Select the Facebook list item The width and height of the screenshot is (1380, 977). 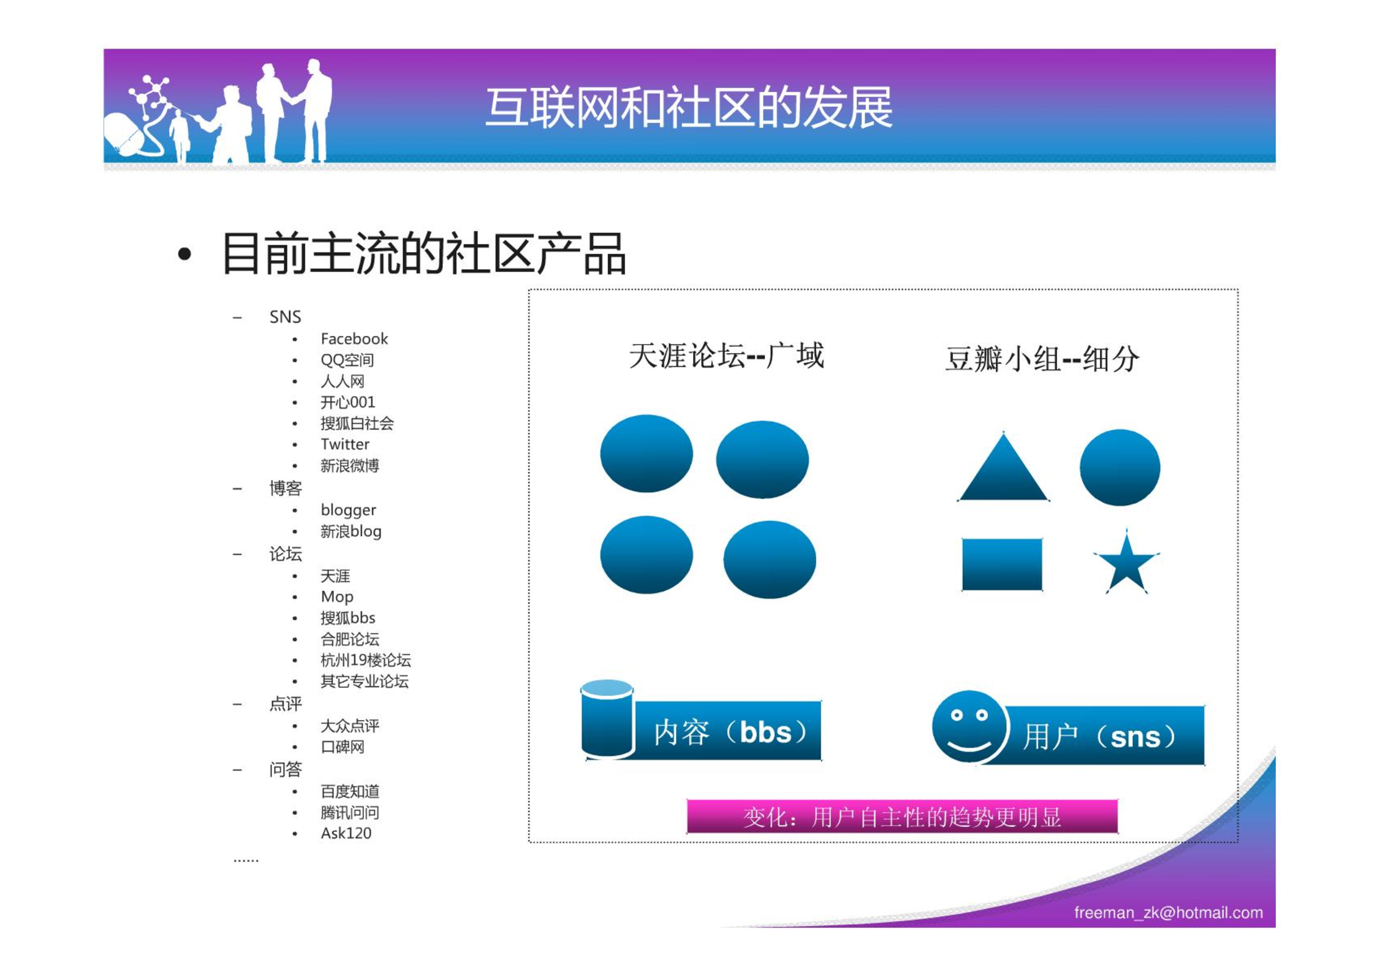click(354, 339)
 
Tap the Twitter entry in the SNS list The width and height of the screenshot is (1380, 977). click(345, 444)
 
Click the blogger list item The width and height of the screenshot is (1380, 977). click(348, 511)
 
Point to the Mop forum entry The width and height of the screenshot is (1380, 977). click(337, 597)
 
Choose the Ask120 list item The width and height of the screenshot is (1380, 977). click(346, 833)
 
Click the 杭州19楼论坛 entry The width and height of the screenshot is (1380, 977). click(366, 660)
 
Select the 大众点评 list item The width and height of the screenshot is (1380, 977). click(350, 726)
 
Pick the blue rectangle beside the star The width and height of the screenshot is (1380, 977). click(1002, 564)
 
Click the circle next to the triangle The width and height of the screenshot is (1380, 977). click(1120, 468)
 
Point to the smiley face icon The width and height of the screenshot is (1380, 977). click(970, 728)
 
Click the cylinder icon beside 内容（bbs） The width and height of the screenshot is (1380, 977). click(607, 719)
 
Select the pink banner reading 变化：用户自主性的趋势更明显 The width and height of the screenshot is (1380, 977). click(902, 816)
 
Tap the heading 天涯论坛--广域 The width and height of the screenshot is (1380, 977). click(727, 356)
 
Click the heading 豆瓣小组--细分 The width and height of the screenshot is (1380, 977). click(1042, 359)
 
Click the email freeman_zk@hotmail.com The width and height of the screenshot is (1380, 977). click(1168, 913)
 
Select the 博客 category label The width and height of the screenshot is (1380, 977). click(286, 488)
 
